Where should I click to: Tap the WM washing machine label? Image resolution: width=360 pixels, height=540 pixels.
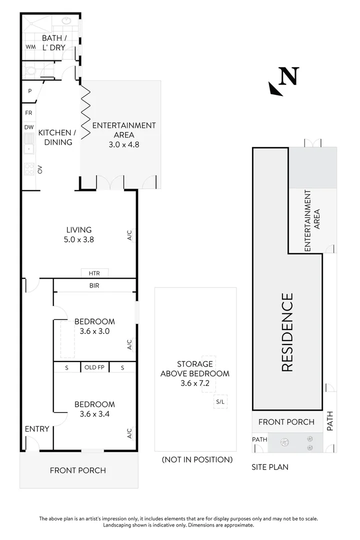[x=30, y=47]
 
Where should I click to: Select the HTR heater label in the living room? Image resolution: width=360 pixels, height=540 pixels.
[x=94, y=273]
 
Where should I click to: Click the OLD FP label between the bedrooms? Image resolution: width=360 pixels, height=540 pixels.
[x=94, y=367]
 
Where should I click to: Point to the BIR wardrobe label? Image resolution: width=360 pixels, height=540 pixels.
[x=94, y=285]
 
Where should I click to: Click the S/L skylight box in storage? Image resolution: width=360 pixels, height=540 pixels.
[x=220, y=401]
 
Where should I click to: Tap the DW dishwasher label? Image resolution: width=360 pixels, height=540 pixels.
[x=29, y=127]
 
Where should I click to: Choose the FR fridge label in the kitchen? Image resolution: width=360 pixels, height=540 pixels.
[x=28, y=112]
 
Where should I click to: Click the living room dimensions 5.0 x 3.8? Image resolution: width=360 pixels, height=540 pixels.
[x=79, y=239]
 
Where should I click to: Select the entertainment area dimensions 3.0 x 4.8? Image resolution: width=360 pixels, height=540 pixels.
[x=124, y=144]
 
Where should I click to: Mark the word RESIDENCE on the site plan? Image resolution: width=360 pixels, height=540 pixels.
[x=287, y=332]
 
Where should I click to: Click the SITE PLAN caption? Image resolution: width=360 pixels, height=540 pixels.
[x=270, y=467]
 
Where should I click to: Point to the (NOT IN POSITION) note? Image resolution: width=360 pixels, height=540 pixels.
[x=197, y=459]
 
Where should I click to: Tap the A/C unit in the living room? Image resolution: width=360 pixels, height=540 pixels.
[x=131, y=235]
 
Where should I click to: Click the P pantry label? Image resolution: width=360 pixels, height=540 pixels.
[x=30, y=91]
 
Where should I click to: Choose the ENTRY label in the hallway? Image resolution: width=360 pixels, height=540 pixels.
[x=37, y=429]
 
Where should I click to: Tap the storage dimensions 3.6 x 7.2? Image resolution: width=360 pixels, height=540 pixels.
[x=195, y=383]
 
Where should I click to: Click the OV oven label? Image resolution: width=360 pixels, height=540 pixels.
[x=39, y=169]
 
